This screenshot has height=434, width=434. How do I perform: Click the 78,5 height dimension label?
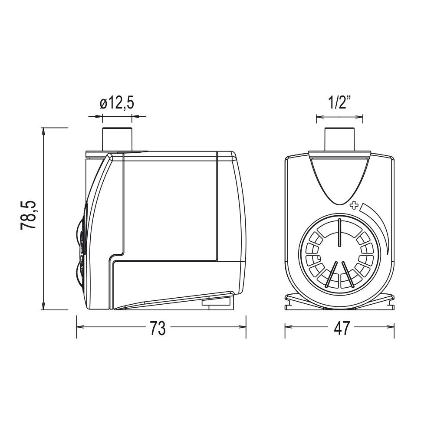tap(28, 214)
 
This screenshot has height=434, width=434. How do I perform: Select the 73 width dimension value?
tap(158, 328)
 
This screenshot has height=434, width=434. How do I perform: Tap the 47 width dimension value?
tap(342, 328)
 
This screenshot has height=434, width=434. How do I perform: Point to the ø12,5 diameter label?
tap(117, 103)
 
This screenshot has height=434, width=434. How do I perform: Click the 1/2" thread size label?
tap(340, 103)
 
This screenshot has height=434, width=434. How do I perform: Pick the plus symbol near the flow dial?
tap(354, 206)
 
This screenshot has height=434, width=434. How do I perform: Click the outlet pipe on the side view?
tap(117, 139)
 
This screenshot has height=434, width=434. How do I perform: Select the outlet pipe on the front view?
tap(340, 139)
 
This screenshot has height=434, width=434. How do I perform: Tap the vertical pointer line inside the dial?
tap(340, 232)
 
